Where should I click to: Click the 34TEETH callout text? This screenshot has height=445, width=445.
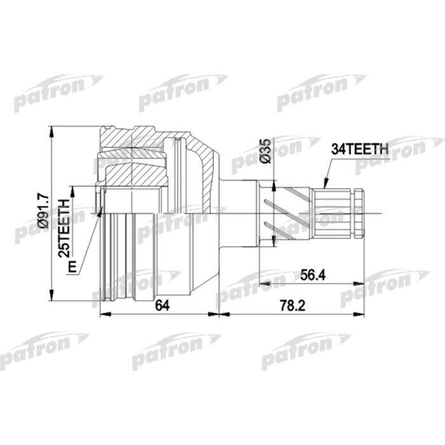pyautogui.click(x=359, y=150)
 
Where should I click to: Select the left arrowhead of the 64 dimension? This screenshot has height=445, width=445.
pyautogui.click(x=104, y=313)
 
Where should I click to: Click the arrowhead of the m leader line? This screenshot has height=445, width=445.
pyautogui.click(x=100, y=210)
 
